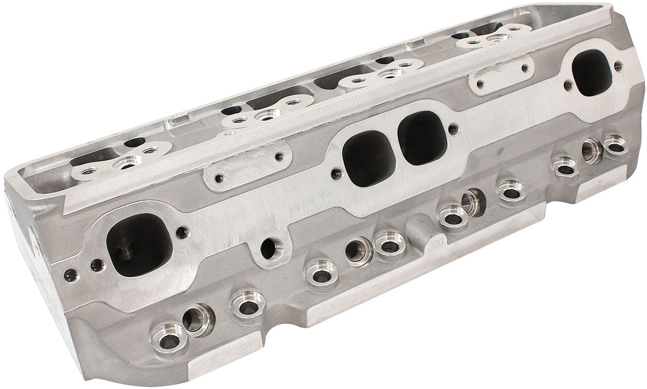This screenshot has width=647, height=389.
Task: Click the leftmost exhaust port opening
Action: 139,245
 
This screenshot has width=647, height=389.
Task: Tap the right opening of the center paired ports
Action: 422,138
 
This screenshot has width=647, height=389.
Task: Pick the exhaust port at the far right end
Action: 591,73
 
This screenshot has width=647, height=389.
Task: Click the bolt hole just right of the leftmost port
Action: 183,233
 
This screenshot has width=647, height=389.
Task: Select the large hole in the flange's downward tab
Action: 269,248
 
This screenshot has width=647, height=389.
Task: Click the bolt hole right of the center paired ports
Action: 453,129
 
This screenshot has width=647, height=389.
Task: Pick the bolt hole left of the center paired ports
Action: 336,174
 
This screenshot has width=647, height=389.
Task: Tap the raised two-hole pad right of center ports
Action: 501,76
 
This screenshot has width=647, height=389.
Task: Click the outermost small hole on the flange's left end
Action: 70,275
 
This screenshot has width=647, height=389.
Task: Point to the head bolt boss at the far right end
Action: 615,144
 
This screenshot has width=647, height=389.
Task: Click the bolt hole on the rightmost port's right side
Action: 618,66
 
